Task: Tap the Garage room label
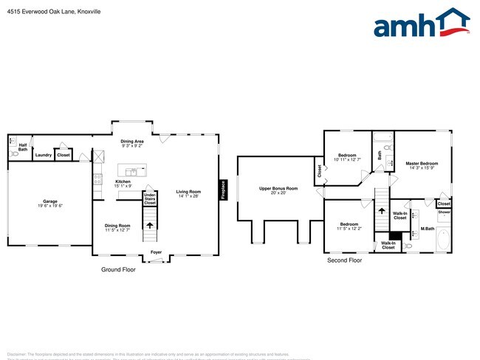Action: (x=50, y=201)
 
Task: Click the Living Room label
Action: (x=189, y=192)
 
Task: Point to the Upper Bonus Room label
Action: (x=278, y=189)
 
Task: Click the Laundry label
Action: (x=43, y=155)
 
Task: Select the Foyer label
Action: (x=156, y=252)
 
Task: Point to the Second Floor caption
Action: (x=345, y=260)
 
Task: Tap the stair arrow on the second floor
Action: (x=382, y=211)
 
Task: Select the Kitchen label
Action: (x=123, y=181)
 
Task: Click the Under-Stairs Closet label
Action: (x=150, y=198)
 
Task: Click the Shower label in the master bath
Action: (x=444, y=212)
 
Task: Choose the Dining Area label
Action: (x=132, y=141)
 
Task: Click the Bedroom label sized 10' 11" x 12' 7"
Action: (x=346, y=156)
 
